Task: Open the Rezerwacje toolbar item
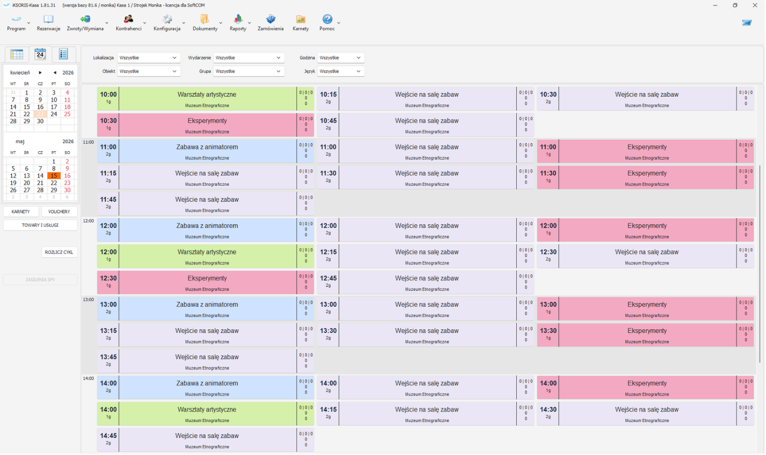pyautogui.click(x=48, y=23)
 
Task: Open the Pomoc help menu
pyautogui.click(x=327, y=23)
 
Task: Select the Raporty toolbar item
pyautogui.click(x=238, y=23)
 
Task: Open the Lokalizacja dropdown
pyautogui.click(x=149, y=58)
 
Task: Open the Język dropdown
pyautogui.click(x=341, y=71)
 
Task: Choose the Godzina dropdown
pyautogui.click(x=341, y=58)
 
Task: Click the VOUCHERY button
pyautogui.click(x=59, y=212)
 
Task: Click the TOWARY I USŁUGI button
pyautogui.click(x=40, y=226)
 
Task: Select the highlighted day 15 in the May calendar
pyautogui.click(x=54, y=176)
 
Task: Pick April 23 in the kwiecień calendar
pyautogui.click(x=40, y=114)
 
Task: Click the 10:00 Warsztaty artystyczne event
pyautogui.click(x=206, y=99)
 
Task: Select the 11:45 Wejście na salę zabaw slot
pyautogui.click(x=206, y=204)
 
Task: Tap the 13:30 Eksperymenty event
pyautogui.click(x=646, y=335)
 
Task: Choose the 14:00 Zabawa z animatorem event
pyautogui.click(x=206, y=388)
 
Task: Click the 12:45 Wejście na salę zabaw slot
pyautogui.click(x=425, y=282)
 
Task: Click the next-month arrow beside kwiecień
pyautogui.click(x=40, y=73)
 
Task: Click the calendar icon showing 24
pyautogui.click(x=40, y=54)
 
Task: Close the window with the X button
pyautogui.click(x=755, y=5)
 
